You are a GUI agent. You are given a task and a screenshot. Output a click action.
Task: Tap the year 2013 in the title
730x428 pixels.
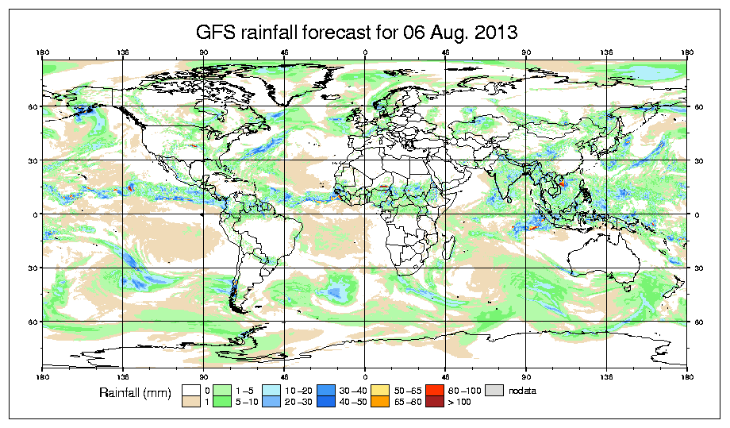493,33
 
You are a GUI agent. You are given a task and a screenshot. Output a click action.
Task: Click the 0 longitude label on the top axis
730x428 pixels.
365,53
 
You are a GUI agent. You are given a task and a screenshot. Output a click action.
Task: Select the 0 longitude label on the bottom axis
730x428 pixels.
365,374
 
